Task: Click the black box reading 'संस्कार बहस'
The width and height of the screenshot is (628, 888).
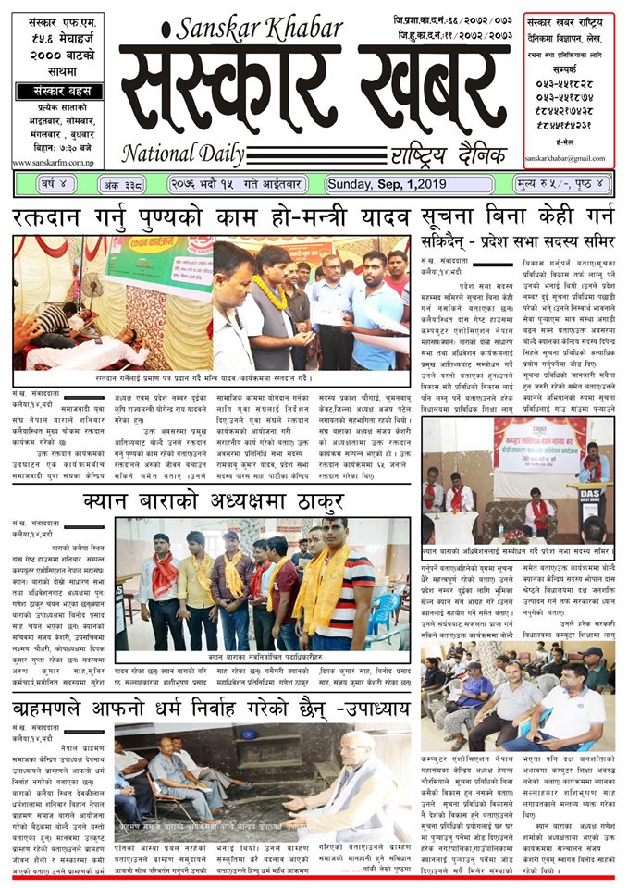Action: (x=58, y=92)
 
